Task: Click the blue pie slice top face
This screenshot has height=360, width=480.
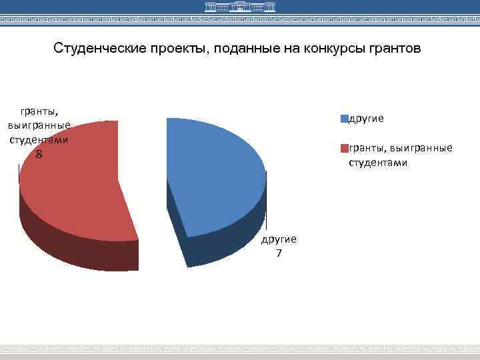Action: point(213,173)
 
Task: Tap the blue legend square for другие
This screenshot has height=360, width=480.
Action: point(345,119)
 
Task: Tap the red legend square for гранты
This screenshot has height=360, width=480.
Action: point(345,148)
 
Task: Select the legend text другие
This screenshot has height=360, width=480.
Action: point(366,119)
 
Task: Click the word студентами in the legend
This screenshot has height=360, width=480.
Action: point(378,162)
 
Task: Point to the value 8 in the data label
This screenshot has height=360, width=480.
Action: point(39,155)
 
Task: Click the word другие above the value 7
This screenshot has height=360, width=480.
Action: point(279,239)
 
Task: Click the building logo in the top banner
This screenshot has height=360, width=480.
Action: point(239,8)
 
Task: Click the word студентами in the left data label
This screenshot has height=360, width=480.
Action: point(39,140)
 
